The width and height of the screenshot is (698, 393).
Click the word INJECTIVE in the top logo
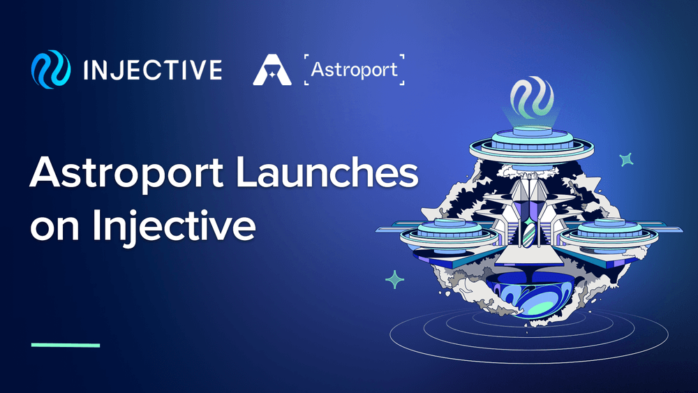(153, 70)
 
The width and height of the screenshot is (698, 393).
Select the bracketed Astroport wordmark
(355, 70)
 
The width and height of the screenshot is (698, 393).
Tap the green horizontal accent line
(66, 345)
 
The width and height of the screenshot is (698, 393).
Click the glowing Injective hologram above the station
(532, 100)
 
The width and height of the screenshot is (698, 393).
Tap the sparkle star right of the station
(626, 160)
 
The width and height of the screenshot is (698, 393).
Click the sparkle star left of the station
(395, 280)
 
